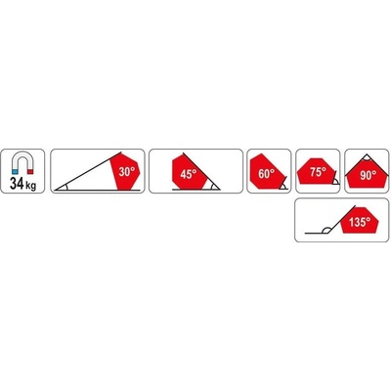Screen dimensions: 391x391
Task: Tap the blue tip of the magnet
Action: click(x=15, y=172)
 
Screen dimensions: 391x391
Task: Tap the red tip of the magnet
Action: click(x=30, y=172)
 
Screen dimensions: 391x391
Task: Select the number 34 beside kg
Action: click(x=17, y=184)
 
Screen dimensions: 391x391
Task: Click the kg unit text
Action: click(x=30, y=186)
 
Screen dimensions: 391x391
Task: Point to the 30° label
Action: click(x=125, y=172)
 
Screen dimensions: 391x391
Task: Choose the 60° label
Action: click(x=266, y=174)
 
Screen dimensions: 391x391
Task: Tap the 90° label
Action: click(x=369, y=176)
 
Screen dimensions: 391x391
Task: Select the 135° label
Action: click(x=360, y=222)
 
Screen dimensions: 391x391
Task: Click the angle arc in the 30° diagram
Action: click(x=66, y=187)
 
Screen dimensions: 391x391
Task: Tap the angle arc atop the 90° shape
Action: click(x=367, y=159)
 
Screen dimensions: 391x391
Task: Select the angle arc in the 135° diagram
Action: click(x=326, y=229)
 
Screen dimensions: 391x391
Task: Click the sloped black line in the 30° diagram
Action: click(x=88, y=170)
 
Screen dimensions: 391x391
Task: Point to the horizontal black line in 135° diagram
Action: click(x=317, y=234)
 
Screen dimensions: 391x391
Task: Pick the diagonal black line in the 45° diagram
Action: click(x=201, y=171)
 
